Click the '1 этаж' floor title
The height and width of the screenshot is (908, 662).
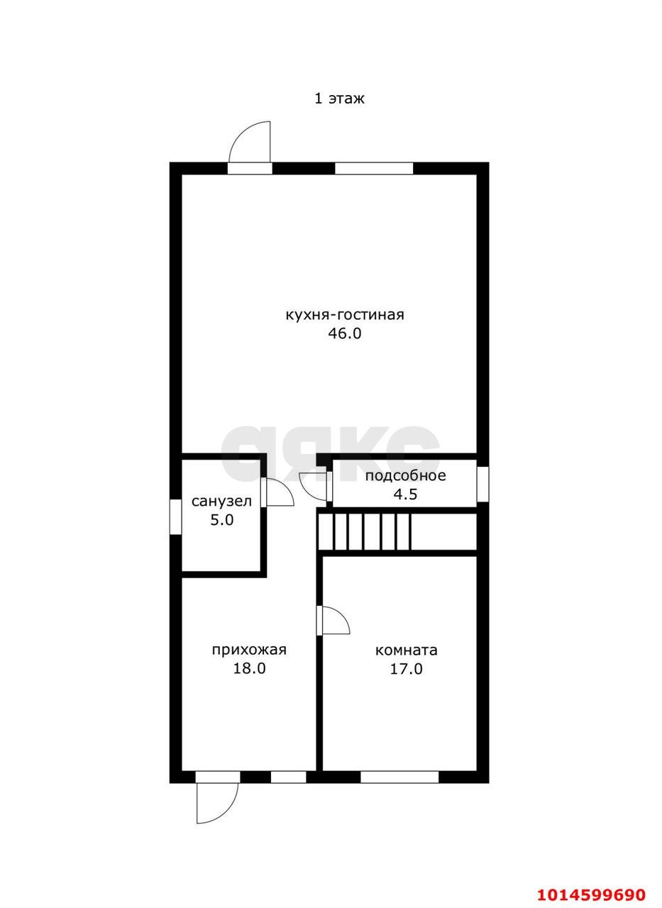pyautogui.click(x=339, y=99)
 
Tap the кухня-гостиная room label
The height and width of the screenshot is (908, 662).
pyautogui.click(x=345, y=314)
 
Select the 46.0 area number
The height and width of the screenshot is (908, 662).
pyautogui.click(x=345, y=333)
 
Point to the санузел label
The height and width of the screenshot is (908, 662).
pyautogui.click(x=221, y=501)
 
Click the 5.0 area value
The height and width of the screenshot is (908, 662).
pyautogui.click(x=222, y=520)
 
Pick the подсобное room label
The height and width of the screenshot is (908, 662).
pyautogui.click(x=405, y=475)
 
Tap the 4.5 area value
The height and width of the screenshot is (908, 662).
pyautogui.click(x=405, y=494)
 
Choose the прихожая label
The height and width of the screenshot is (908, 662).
pyautogui.click(x=249, y=650)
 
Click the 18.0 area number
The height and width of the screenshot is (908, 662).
pyautogui.click(x=249, y=668)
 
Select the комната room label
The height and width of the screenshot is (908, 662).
pyautogui.click(x=406, y=650)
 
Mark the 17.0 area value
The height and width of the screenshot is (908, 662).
pyautogui.click(x=406, y=669)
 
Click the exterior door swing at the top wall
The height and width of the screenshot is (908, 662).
pyautogui.click(x=250, y=142)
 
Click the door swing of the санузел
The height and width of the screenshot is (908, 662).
pyautogui.click(x=280, y=492)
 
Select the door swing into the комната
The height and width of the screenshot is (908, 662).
pyautogui.click(x=335, y=619)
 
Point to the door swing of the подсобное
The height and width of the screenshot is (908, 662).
pyautogui.click(x=313, y=487)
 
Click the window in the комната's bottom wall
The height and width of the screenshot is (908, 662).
pyautogui.click(x=399, y=777)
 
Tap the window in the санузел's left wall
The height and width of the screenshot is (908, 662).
pyautogui.click(x=175, y=517)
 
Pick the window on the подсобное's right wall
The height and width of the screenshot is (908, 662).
pyautogui.click(x=482, y=484)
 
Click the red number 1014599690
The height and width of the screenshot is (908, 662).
pyautogui.click(x=591, y=895)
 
